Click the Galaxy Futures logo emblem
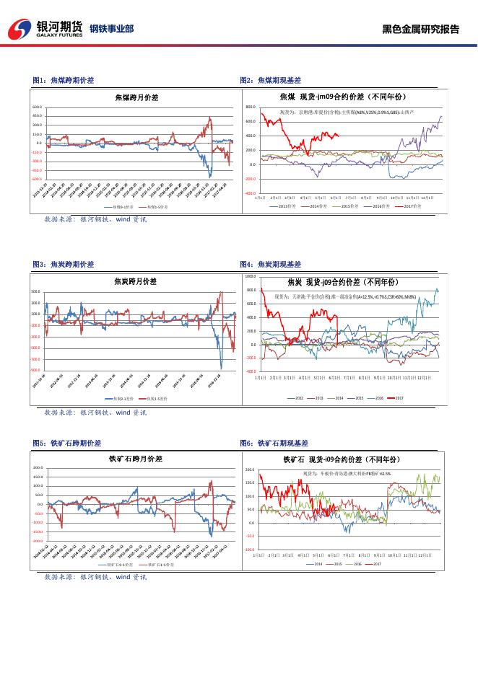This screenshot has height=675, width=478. pyautogui.click(x=19, y=29)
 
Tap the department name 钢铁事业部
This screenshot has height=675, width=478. pyautogui.click(x=111, y=30)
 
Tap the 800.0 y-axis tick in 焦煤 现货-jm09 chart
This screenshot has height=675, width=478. pyautogui.click(x=251, y=107)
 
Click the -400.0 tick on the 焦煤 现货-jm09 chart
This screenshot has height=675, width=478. pyautogui.click(x=251, y=193)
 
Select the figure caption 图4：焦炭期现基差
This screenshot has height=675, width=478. pyautogui.click(x=270, y=265)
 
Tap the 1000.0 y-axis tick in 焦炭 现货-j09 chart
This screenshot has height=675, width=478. pyautogui.click(x=251, y=276)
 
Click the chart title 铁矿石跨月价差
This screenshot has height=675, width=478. pyautogui.click(x=136, y=458)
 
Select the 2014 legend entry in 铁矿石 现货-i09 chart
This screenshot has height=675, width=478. pyautogui.click(x=315, y=563)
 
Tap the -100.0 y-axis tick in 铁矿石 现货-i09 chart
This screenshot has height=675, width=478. pyautogui.click(x=251, y=549)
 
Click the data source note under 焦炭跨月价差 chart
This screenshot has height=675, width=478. pyautogui.click(x=95, y=412)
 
